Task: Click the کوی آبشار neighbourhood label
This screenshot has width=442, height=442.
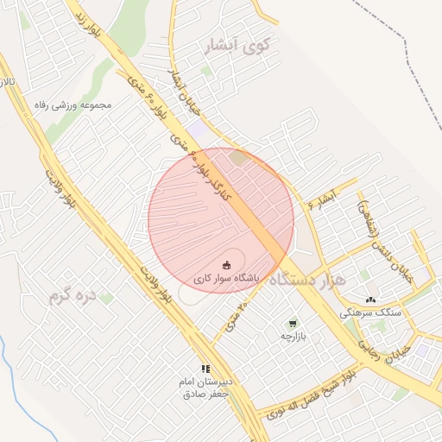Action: point(234,47)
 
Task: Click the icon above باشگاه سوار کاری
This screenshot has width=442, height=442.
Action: point(227,264)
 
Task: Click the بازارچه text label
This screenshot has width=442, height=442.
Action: point(293,337)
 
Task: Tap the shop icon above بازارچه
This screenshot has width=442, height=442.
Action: point(293,324)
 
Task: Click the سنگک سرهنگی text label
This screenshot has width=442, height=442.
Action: point(371,313)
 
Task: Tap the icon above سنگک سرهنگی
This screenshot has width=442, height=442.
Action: point(371,300)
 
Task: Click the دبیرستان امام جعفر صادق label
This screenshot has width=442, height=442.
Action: point(205,388)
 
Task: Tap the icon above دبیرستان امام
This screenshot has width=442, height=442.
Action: point(205,369)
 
